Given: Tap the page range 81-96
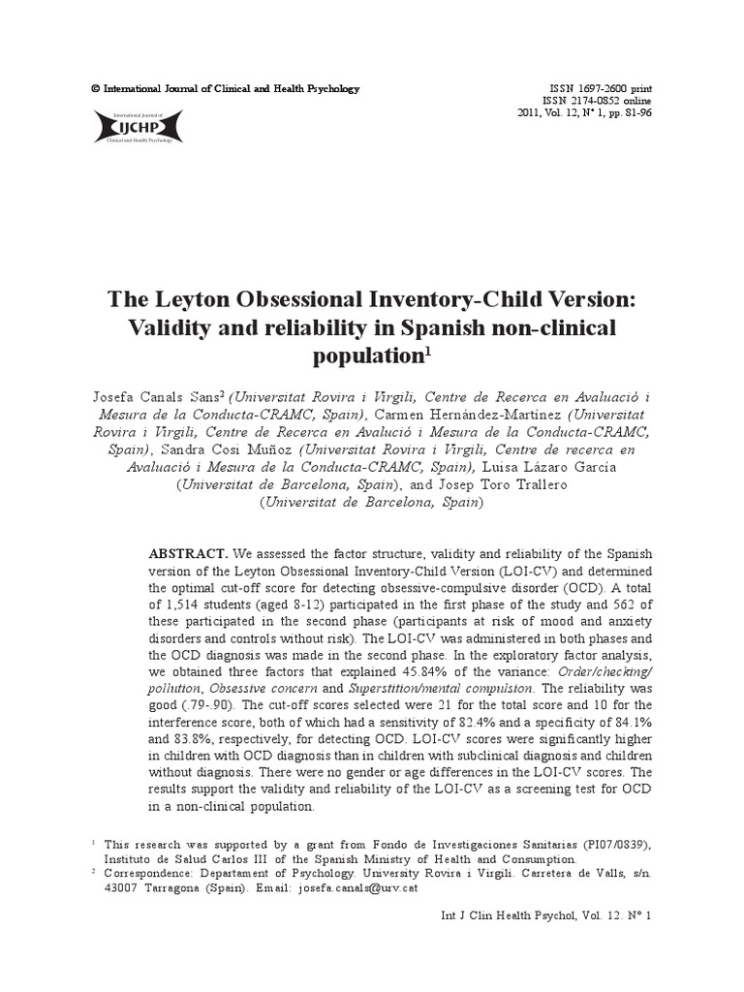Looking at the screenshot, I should coord(633,113).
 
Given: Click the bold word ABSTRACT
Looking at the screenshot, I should coord(188,553).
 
